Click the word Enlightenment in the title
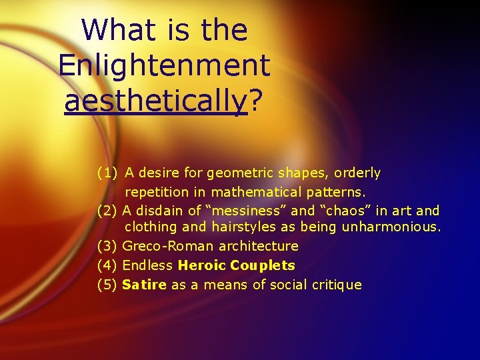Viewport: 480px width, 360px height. [x=164, y=65]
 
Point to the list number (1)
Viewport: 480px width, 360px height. [x=107, y=173]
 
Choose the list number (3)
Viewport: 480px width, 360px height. [x=107, y=246]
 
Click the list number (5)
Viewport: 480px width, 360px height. [x=107, y=285]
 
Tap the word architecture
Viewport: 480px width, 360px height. [x=257, y=246]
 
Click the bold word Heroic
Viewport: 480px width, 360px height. [x=202, y=265]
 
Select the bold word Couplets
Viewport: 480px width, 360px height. [x=263, y=265]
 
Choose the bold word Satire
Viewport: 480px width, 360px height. [x=145, y=285]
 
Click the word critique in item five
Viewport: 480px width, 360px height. [x=337, y=285]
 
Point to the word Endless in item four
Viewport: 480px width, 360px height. [x=149, y=265]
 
